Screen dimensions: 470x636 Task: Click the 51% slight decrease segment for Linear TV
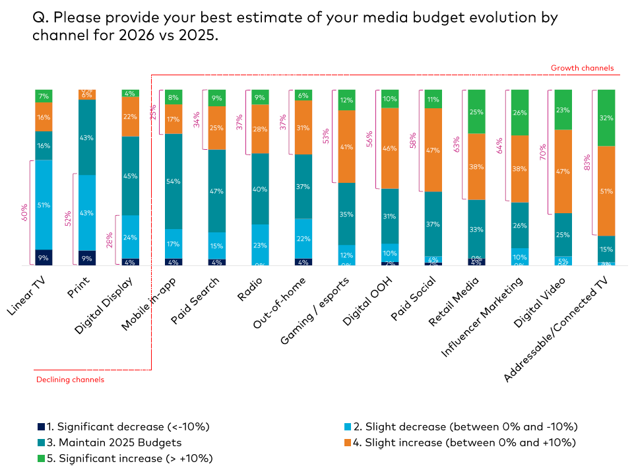click(x=44, y=205)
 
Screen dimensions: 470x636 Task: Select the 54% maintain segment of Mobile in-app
click(x=174, y=182)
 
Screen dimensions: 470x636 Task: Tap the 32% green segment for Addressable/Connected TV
click(x=606, y=117)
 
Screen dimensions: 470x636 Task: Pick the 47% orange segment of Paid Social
click(x=433, y=150)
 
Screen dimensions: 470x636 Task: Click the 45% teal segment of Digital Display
click(x=131, y=176)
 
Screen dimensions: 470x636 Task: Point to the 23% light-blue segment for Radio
click(x=260, y=245)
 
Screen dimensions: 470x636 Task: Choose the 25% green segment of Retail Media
click(x=476, y=112)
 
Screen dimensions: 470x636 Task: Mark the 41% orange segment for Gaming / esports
click(x=346, y=147)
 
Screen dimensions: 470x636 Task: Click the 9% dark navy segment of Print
click(x=87, y=258)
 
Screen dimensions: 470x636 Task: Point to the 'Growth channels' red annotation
click(x=582, y=68)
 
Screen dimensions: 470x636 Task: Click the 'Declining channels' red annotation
click(x=70, y=380)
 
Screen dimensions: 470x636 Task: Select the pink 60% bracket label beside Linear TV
click(x=24, y=211)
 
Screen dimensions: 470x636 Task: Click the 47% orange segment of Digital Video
click(x=563, y=171)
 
